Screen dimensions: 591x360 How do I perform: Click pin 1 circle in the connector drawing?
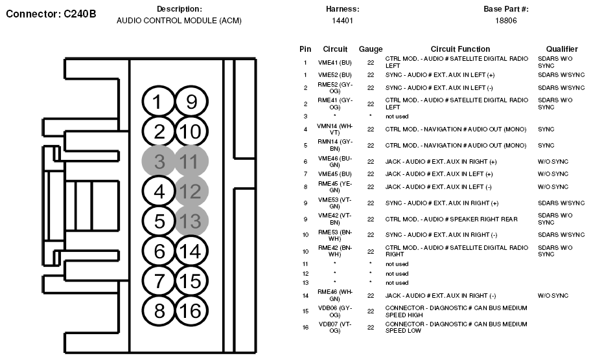(158, 102)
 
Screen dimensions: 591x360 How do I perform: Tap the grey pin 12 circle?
(191, 191)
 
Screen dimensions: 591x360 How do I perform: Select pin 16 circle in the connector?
(191, 311)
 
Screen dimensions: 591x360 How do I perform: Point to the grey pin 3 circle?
(158, 161)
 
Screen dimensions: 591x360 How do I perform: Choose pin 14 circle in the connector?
(191, 251)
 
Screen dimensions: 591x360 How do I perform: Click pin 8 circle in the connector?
(158, 311)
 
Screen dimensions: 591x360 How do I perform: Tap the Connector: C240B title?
(51, 14)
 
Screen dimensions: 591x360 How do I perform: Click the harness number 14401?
(342, 21)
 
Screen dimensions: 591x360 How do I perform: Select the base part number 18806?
(506, 21)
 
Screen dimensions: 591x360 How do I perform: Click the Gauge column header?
(371, 49)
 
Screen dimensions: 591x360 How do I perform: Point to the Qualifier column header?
(562, 49)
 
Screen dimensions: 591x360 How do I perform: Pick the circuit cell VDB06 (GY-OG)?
(334, 311)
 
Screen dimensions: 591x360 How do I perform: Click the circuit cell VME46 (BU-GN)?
(334, 162)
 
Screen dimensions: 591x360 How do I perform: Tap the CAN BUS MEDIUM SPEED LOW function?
(456, 327)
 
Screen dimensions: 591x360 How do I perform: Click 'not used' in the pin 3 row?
(397, 117)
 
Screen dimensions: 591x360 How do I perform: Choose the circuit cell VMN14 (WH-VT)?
(334, 129)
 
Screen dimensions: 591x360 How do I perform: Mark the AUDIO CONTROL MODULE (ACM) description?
(179, 21)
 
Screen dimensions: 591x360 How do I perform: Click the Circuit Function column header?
(460, 49)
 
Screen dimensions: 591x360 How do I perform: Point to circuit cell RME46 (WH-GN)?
(334, 295)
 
